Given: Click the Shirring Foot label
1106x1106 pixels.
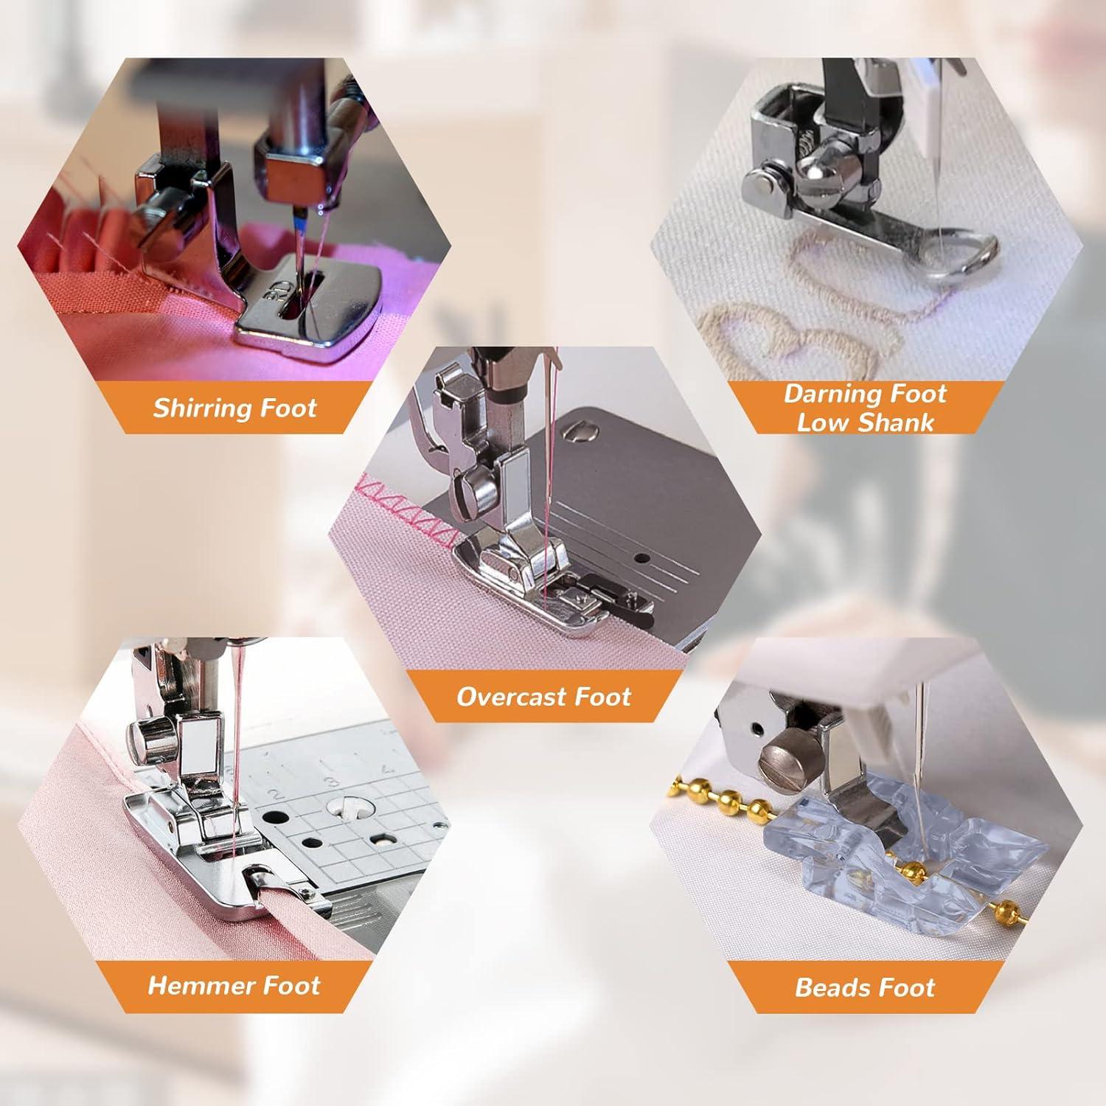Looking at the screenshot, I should click(234, 408).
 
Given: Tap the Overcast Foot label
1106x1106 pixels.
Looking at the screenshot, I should click(543, 697).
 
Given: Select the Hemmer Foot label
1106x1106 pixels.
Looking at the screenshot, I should click(234, 985).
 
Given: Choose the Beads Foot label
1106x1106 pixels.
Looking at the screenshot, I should click(865, 987).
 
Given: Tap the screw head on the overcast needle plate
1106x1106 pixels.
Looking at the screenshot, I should click(579, 428).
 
